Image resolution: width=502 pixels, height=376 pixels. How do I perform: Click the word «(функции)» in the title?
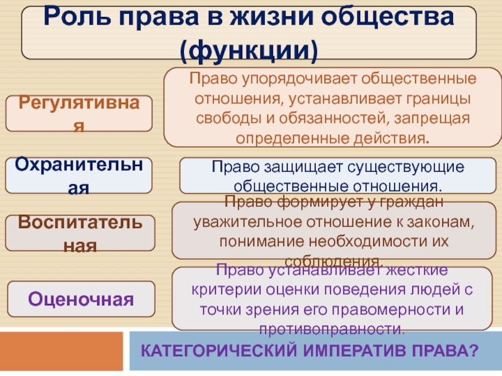(248, 51)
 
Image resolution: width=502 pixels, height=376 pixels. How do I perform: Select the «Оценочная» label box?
(81, 300)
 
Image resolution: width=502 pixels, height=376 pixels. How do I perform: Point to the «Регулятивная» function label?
(79, 113)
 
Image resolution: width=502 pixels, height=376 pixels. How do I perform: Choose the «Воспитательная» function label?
(80, 233)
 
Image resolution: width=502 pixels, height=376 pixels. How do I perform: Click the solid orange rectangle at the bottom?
(61, 351)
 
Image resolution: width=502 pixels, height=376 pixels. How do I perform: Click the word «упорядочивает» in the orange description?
(299, 79)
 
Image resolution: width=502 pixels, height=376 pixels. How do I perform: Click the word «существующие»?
(405, 167)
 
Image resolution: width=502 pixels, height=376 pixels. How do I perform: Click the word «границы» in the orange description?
(439, 99)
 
